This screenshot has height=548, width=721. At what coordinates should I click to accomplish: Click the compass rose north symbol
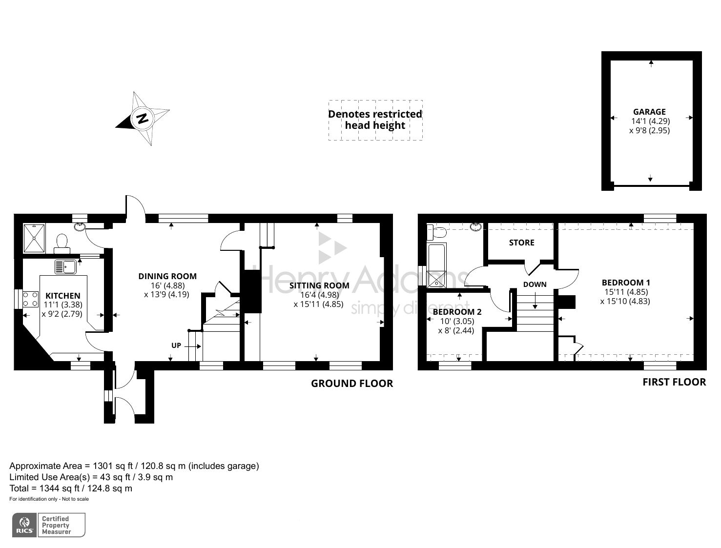pos(143,119)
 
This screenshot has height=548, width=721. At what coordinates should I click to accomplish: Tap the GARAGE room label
pos(649,112)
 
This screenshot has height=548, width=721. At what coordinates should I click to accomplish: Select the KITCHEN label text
pos(62,296)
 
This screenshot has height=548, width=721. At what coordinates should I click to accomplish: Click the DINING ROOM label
pos(167,276)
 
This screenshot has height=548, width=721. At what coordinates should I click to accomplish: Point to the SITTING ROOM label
pos(319,285)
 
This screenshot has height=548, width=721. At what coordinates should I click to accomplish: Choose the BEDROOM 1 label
pos(626,283)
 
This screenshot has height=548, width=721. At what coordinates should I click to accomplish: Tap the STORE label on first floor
pos(521,243)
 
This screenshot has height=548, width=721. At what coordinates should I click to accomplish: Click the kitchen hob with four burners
pos(31,299)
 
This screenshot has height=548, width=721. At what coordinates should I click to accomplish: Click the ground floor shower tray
pos(34,239)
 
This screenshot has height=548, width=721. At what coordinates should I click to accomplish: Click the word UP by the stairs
pos(176,345)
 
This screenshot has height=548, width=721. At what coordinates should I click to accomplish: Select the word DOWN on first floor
pos(535,284)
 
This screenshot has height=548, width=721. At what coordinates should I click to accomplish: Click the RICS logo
pos(24,525)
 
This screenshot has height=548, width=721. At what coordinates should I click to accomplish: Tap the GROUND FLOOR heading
pos(351,384)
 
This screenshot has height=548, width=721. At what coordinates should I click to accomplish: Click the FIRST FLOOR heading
pos(674,382)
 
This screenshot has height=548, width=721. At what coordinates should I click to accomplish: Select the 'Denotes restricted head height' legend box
pos(375,120)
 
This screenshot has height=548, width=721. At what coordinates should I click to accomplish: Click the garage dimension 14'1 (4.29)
pos(650,121)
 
